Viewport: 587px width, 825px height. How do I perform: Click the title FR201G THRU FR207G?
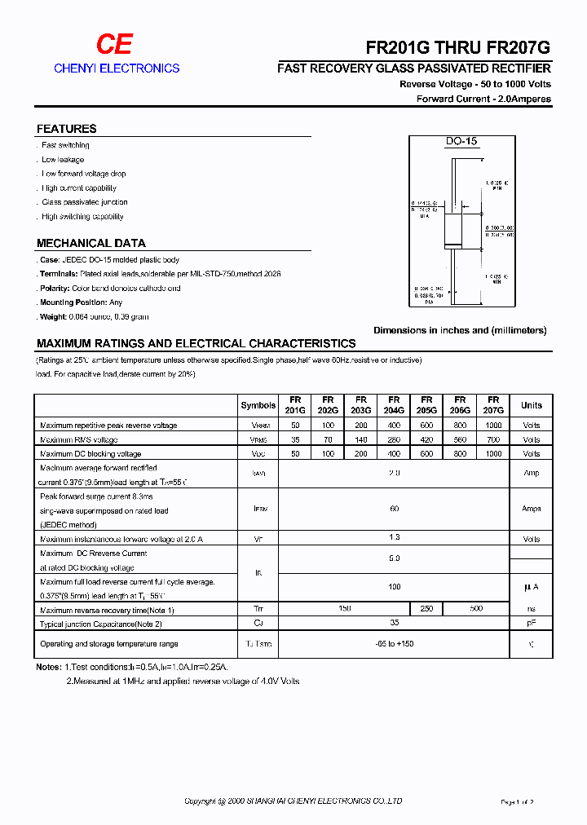click(458, 47)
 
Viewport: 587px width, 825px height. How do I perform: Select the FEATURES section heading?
click(67, 129)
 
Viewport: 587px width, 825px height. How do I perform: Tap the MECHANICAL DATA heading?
click(91, 243)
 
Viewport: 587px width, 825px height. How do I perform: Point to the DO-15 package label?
click(461, 142)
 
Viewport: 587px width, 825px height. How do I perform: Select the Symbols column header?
click(258, 405)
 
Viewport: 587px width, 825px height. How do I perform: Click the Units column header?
click(531, 405)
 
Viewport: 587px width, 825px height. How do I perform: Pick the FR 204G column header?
click(394, 405)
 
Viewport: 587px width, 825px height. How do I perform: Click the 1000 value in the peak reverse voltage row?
click(492, 426)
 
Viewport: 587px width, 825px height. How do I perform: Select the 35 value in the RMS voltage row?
click(294, 439)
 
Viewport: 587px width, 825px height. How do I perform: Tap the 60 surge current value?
click(394, 509)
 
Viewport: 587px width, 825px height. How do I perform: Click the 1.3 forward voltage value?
click(394, 539)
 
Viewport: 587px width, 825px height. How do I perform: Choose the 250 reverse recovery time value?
click(426, 609)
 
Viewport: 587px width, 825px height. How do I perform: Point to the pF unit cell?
click(531, 624)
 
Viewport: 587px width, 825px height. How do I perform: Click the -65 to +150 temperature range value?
click(394, 644)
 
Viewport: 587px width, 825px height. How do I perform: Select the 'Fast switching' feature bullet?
click(65, 145)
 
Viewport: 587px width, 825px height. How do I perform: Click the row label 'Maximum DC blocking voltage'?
click(90, 454)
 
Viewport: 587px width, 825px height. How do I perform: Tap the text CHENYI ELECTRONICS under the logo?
click(117, 68)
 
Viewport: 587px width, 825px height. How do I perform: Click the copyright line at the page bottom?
click(293, 801)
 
